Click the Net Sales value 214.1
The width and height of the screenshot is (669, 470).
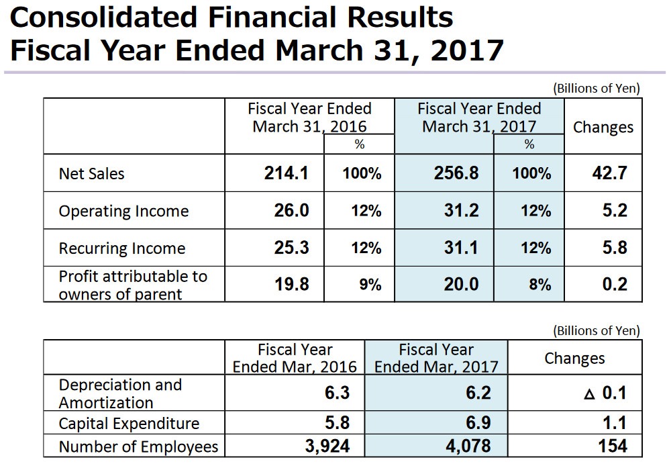(287, 174)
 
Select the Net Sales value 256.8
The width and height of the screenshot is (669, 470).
(456, 174)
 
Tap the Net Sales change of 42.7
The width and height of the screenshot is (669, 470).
(609, 174)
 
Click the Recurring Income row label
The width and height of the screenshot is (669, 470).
(121, 248)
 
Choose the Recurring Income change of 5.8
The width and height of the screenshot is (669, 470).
(614, 248)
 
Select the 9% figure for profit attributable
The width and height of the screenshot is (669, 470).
(370, 285)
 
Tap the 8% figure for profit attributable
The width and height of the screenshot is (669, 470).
(539, 285)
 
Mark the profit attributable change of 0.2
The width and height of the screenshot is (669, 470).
(614, 284)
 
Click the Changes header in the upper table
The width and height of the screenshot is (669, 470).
(603, 128)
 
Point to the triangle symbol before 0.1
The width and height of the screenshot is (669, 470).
(589, 394)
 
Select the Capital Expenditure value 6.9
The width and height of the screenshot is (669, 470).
(478, 424)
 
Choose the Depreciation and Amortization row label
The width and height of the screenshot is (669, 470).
(120, 393)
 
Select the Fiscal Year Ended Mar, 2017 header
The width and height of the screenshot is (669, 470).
(436, 358)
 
